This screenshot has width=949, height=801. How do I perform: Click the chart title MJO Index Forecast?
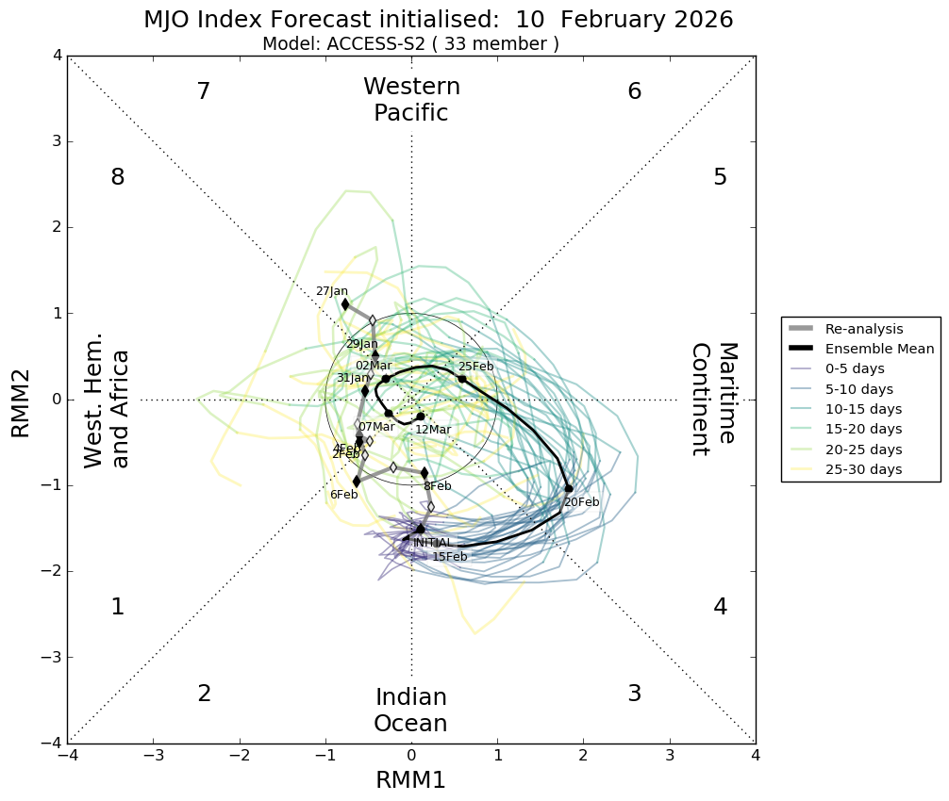(438, 20)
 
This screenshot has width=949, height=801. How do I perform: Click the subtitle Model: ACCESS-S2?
(410, 43)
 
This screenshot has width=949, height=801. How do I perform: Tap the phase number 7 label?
(203, 91)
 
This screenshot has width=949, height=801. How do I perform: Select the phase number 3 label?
(635, 694)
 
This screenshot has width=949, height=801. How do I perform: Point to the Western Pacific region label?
(411, 100)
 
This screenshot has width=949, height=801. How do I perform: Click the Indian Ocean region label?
(410, 711)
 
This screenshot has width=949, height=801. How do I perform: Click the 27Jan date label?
(331, 291)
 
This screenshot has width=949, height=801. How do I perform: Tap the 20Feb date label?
(581, 502)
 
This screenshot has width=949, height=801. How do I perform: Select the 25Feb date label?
(475, 367)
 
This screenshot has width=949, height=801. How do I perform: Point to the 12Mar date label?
(433, 430)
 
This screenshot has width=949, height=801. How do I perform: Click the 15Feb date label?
(450, 557)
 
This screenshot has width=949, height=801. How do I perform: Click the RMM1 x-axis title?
(410, 779)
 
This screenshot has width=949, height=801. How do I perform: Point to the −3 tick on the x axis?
(154, 756)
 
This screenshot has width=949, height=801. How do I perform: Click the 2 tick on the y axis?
(57, 227)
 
